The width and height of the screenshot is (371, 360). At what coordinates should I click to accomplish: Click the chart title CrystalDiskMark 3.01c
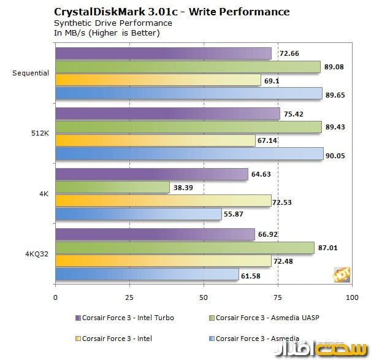pyautogui.click(x=172, y=12)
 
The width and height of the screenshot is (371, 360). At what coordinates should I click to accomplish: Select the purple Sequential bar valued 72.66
pyautogui.click(x=163, y=53)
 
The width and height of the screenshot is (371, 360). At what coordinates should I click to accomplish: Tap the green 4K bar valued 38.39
pyautogui.click(x=112, y=187)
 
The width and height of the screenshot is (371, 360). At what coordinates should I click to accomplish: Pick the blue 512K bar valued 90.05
pyautogui.click(x=189, y=154)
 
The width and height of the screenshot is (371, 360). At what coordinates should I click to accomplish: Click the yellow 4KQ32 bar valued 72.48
pyautogui.click(x=163, y=261)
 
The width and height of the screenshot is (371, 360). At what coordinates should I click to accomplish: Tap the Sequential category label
pyautogui.click(x=31, y=73)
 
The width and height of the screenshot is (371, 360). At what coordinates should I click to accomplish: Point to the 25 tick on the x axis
pyautogui.click(x=129, y=297)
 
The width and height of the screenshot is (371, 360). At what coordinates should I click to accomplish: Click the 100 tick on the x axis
pyautogui.click(x=351, y=297)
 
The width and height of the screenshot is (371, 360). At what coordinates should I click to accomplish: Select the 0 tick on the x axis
pyautogui.click(x=55, y=297)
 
